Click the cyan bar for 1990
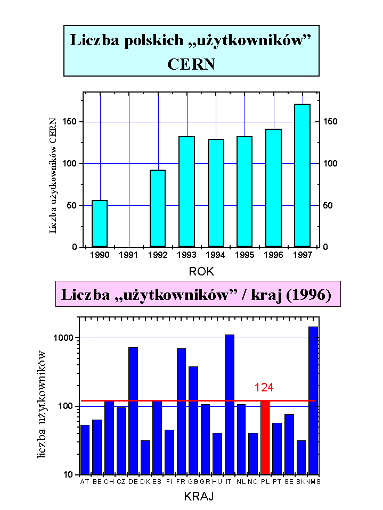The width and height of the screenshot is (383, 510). click(100, 223)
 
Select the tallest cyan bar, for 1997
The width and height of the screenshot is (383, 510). click(302, 175)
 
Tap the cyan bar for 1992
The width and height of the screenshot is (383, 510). click(158, 208)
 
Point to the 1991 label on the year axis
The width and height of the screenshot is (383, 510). click(129, 255)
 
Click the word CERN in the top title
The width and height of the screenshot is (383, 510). click(191, 64)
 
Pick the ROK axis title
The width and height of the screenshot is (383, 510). click(201, 272)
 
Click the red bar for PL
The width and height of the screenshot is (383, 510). click(265, 437)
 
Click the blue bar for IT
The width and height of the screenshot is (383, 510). click(230, 404)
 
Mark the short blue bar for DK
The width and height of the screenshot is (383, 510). click(145, 457)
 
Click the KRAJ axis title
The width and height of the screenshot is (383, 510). click(199, 497)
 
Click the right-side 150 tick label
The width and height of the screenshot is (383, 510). click(330, 122)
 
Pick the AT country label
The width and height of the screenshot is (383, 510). click(84, 482)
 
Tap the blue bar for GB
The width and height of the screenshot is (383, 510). click(193, 420)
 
